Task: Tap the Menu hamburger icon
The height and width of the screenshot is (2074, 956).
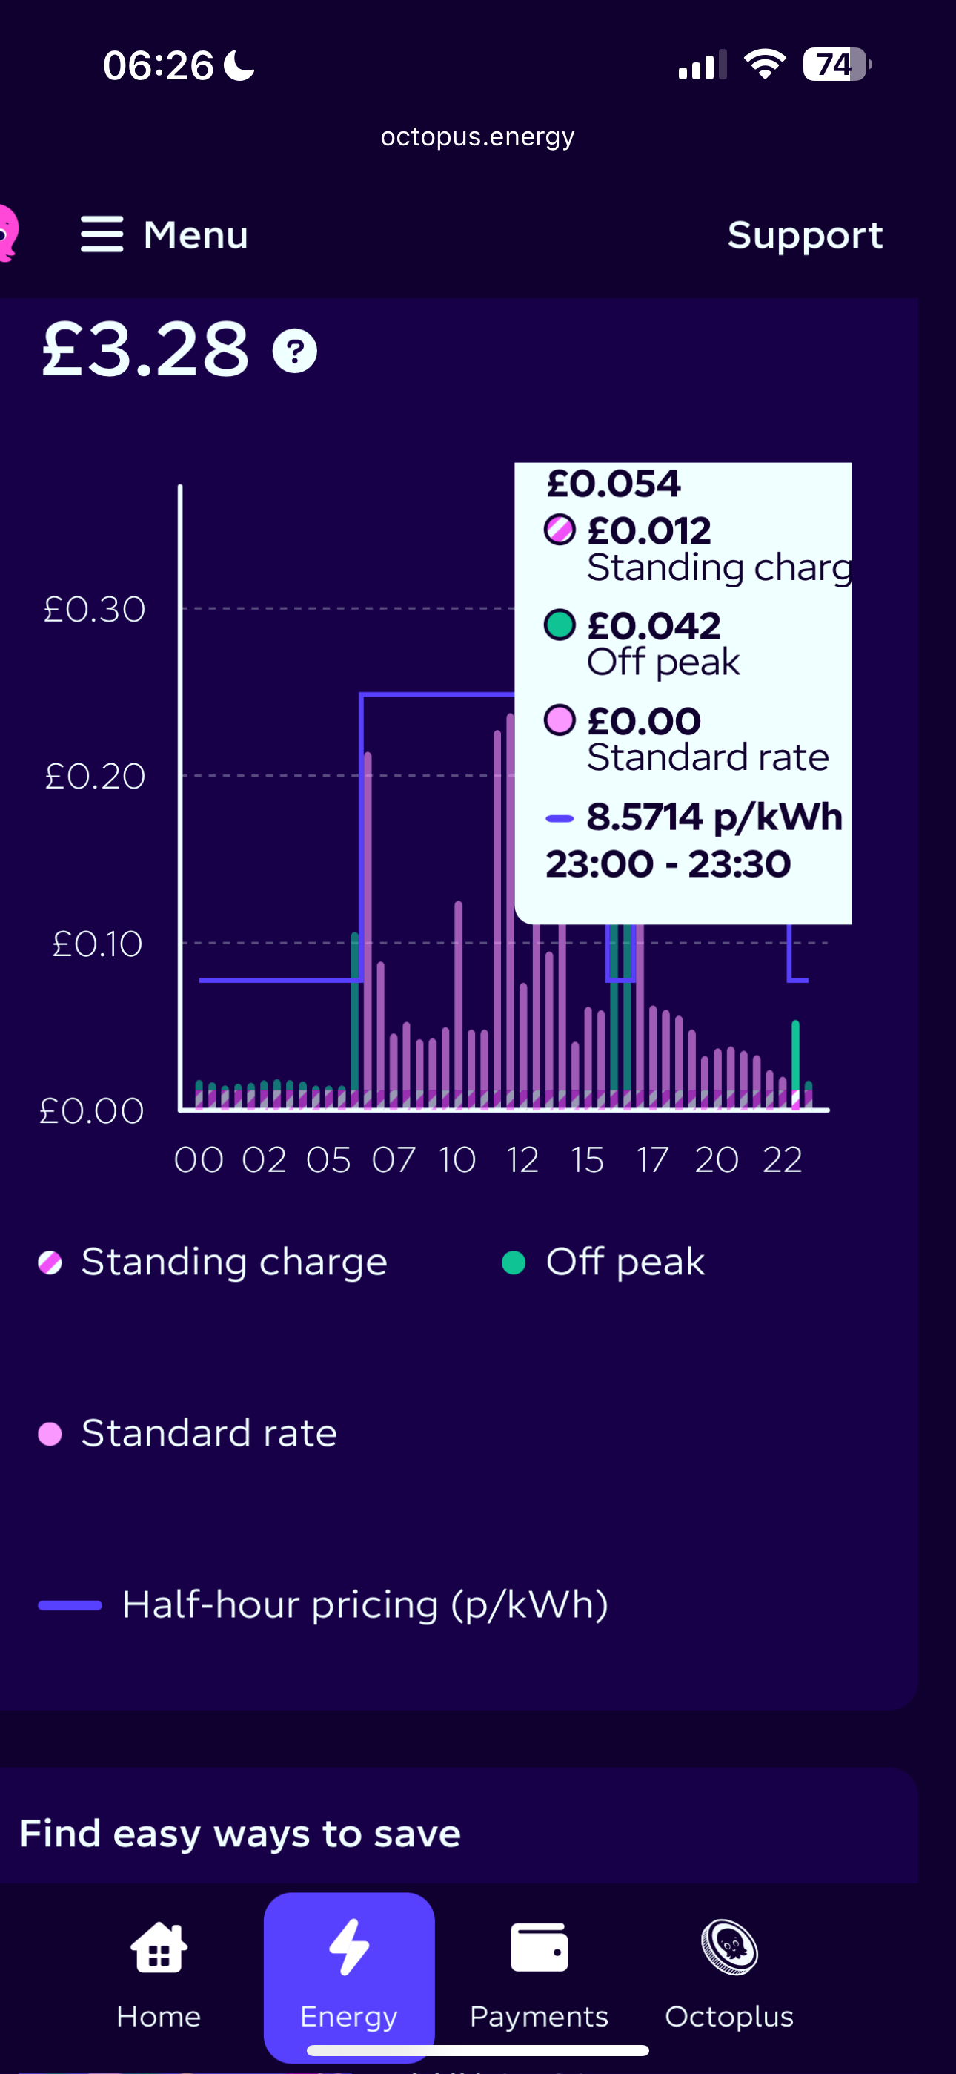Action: click(x=102, y=234)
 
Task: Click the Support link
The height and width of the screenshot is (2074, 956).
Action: click(x=805, y=235)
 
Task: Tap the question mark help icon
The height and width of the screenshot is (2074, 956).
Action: click(x=294, y=351)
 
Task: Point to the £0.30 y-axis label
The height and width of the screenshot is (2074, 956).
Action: click(x=95, y=610)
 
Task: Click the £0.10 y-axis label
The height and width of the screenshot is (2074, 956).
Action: click(x=97, y=944)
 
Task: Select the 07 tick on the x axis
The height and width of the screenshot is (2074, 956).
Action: click(x=394, y=1160)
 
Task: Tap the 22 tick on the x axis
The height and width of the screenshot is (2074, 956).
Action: click(x=782, y=1160)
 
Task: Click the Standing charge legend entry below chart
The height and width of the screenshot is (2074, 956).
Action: click(x=233, y=1262)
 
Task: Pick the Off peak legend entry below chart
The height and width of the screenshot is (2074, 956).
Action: click(x=625, y=1262)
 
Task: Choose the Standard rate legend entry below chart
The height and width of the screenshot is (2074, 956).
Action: click(x=208, y=1433)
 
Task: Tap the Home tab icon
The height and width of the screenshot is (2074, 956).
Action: click(x=159, y=1949)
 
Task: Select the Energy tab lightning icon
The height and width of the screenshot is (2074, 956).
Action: click(x=349, y=1947)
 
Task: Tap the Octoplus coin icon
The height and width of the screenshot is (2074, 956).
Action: click(x=729, y=1949)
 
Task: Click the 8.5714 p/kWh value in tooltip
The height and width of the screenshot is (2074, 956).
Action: click(x=714, y=817)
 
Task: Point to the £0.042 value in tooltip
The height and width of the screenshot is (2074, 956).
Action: click(x=654, y=625)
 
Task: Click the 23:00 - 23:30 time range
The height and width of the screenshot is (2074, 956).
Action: click(x=668, y=865)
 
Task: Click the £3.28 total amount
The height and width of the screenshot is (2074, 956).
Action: click(x=146, y=349)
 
